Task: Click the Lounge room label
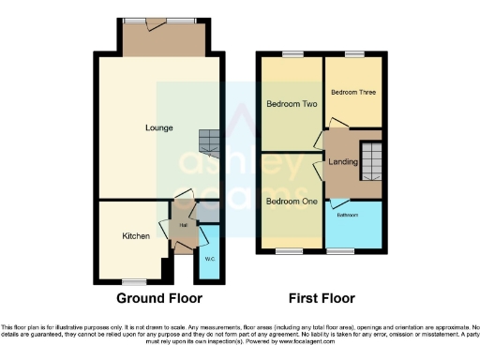pos(158,127)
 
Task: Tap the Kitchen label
pos(136,236)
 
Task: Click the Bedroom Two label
pos(290,103)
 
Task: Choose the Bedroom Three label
pos(353,92)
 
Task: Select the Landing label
pos(342,162)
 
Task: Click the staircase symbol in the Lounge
pos(209,143)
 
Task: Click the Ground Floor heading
pos(159,298)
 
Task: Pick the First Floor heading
pos(321,298)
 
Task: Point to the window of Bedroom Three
pos(353,55)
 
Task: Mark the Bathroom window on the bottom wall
pos(339,251)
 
